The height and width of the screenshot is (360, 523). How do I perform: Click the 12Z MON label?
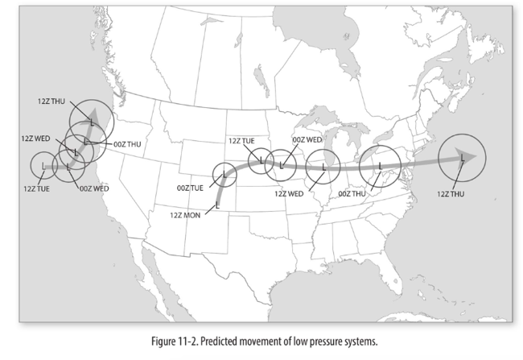coord(186,215)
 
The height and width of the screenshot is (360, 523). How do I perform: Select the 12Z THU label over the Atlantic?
coord(451,193)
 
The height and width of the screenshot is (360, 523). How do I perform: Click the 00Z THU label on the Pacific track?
coord(127,143)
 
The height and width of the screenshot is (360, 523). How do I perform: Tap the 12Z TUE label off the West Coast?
coord(37,188)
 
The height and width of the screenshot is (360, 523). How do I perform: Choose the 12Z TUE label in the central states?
coord(241,140)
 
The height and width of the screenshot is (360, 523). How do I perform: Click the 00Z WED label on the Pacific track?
coord(95,188)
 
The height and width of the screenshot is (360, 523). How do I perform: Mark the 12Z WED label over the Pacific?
coord(35,139)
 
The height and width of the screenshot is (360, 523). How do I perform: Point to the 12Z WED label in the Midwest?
coord(288,193)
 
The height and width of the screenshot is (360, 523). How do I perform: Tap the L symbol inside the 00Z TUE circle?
coord(224,173)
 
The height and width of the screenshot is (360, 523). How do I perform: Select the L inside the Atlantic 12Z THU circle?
coord(462,159)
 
